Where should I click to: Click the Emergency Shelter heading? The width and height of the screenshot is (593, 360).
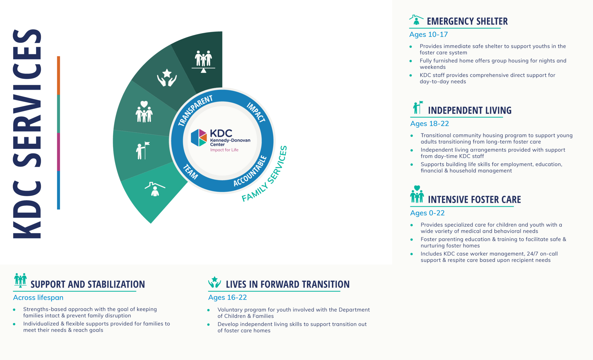point(467,21)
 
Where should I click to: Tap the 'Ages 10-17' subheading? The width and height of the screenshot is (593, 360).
point(428,34)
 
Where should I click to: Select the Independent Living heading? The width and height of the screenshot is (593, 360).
point(469,110)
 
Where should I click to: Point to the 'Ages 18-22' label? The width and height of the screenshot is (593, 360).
point(429,124)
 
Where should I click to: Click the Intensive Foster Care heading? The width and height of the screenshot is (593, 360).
point(474,200)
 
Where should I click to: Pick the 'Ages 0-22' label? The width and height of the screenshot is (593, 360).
point(427,213)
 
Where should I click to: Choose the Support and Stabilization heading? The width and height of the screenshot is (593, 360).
point(87,284)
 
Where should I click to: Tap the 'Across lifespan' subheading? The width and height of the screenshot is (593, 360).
point(38,297)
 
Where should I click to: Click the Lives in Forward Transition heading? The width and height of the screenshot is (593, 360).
point(288,284)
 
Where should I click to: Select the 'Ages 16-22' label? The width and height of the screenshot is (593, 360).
point(227,297)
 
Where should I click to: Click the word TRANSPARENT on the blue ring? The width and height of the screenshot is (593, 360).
point(195,110)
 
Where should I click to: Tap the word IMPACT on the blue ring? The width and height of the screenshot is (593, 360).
point(256,112)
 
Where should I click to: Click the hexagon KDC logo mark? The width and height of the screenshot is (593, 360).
point(199,138)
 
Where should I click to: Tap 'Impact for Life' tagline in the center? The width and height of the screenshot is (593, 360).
point(224,150)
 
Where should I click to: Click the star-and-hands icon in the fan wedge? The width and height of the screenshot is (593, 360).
point(167,78)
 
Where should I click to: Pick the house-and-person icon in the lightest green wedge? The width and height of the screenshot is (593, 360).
point(155,189)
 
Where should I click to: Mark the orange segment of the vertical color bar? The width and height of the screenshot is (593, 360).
point(58,75)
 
